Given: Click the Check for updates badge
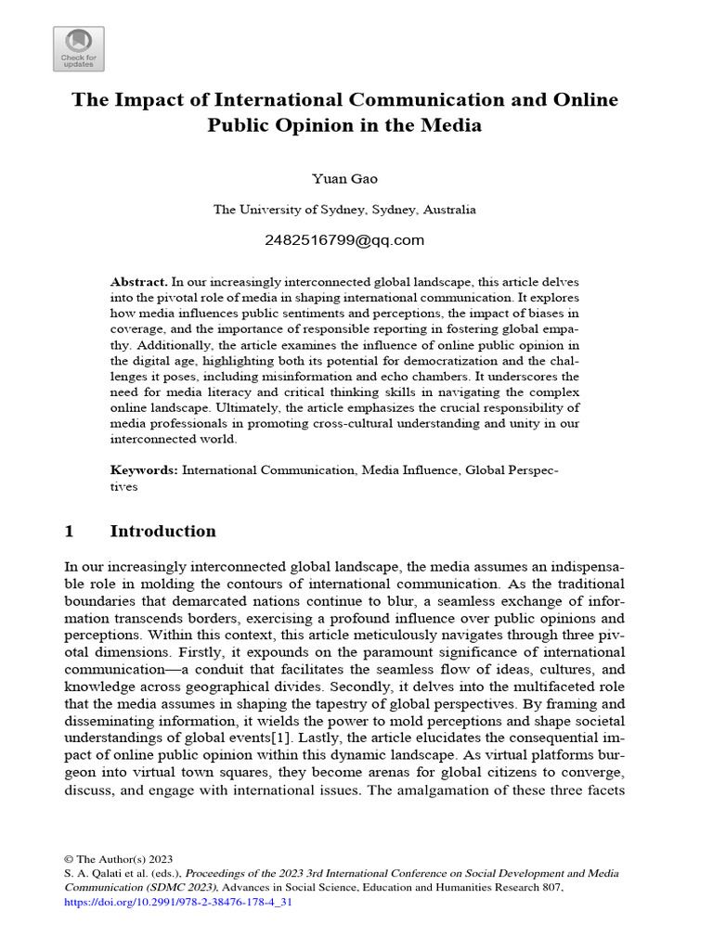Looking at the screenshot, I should [78, 49].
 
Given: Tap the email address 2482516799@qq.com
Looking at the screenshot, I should [344, 240].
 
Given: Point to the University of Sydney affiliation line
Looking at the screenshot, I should [344, 210].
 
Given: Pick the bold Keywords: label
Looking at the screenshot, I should [144, 470].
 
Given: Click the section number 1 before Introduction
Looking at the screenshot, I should [69, 532].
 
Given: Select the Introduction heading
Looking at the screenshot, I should [162, 532].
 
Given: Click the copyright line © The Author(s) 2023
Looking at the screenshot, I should [118, 859].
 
